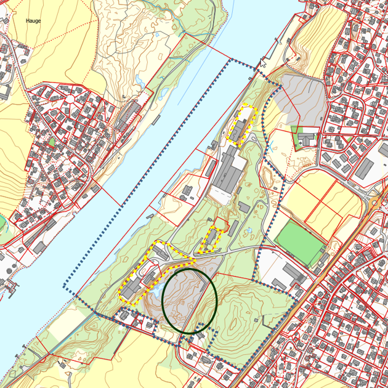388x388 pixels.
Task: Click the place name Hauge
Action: coord(33,21)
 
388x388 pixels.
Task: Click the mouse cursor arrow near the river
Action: coord(263,63)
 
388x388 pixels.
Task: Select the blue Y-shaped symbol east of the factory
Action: coord(271,147)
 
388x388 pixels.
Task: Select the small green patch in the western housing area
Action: coord(52,141)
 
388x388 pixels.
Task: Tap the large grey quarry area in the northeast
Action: coord(300,102)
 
